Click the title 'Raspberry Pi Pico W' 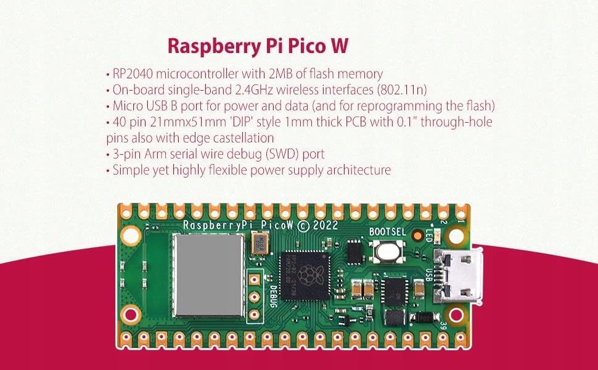[258, 47]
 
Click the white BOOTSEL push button [387, 252]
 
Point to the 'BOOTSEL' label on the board [385, 232]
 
